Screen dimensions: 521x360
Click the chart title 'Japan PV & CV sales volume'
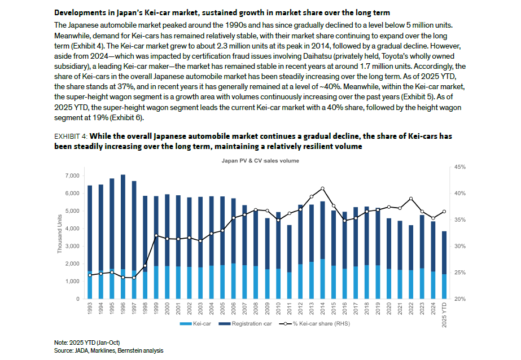pyautogui.click(x=260, y=161)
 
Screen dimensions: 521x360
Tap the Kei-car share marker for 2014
pyautogui.click(x=322, y=188)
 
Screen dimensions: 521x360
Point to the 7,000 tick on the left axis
pyautogui.click(x=72, y=175)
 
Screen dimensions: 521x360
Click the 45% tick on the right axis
pyautogui.click(x=460, y=167)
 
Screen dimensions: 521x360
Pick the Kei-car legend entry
pyautogui.click(x=195, y=323)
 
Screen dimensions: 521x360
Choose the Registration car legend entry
pyautogui.click(x=245, y=323)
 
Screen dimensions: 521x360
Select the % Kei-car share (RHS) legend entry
pyautogui.click(x=314, y=323)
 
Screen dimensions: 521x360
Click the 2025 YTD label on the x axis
pyautogui.click(x=444, y=315)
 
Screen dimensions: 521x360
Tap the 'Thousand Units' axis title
pyautogui.click(x=60, y=234)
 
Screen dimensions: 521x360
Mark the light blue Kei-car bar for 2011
pyautogui.click(x=289, y=286)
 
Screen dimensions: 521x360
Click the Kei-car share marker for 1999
pyautogui.click(x=156, y=235)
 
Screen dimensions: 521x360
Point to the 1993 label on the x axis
pyautogui.click(x=90, y=308)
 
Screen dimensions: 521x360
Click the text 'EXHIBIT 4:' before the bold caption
pyautogui.click(x=71, y=137)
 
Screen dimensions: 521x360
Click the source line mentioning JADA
pyautogui.click(x=108, y=350)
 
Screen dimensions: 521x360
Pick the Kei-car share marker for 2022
pyautogui.click(x=411, y=199)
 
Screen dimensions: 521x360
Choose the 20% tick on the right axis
pyautogui.click(x=460, y=299)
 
